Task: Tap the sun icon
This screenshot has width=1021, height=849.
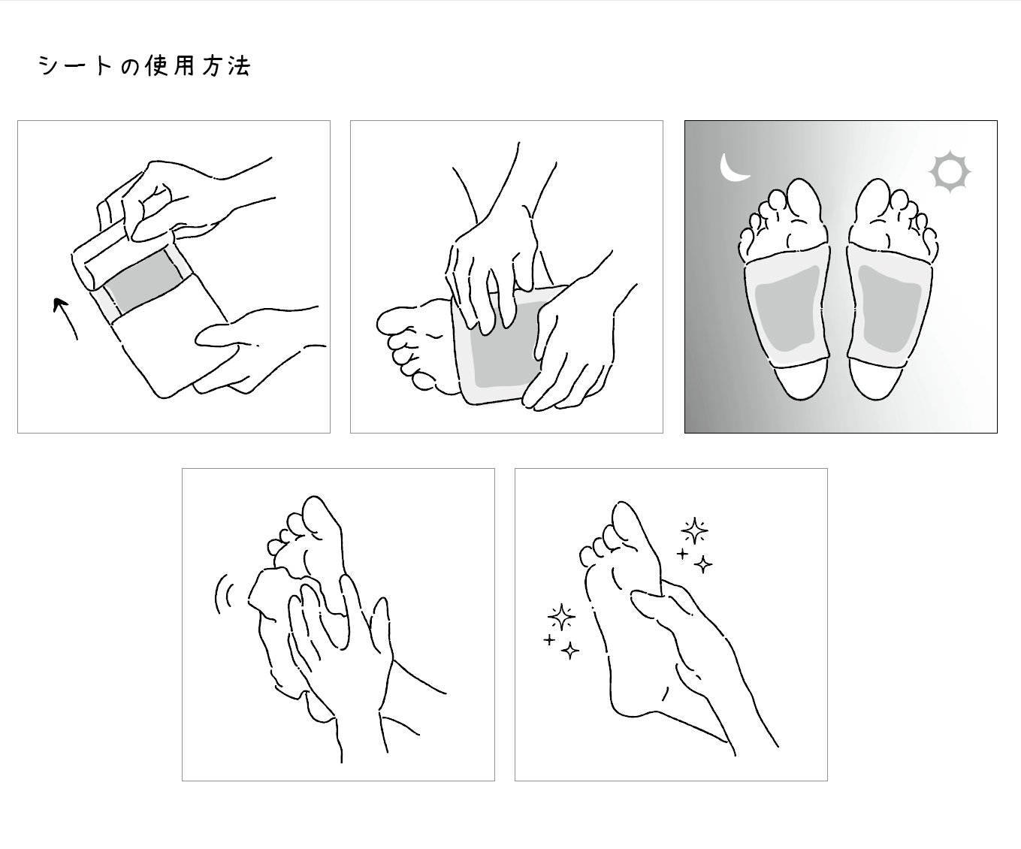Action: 950,172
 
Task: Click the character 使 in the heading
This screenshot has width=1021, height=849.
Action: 154,66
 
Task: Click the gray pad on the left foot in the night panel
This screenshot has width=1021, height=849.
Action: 786,307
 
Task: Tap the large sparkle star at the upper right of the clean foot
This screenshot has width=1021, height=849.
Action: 694,531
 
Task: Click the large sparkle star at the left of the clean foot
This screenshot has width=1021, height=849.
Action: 560,617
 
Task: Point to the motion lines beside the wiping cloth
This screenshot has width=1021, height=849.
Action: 223,594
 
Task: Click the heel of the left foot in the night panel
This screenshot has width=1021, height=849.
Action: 799,379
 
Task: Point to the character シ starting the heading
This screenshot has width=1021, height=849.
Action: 48,66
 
